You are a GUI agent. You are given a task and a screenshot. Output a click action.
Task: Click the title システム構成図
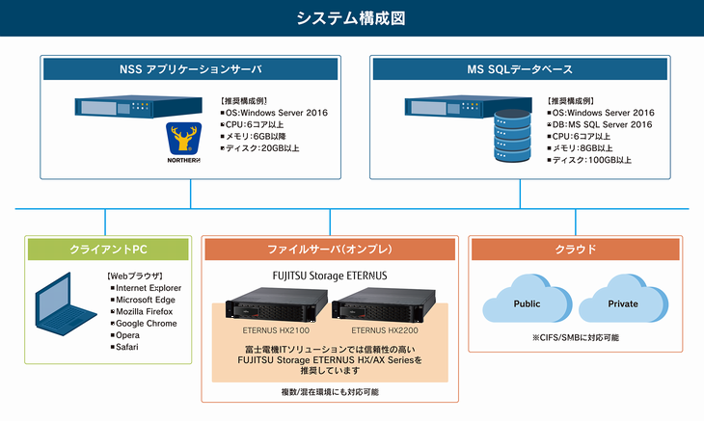351,17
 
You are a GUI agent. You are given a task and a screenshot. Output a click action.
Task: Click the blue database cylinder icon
510,139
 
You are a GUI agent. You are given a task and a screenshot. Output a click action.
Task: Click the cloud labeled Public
527,302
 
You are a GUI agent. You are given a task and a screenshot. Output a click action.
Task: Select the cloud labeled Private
621,302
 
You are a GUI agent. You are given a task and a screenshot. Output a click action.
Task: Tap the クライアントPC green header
108,249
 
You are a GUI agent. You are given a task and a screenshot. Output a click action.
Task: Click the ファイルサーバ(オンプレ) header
329,249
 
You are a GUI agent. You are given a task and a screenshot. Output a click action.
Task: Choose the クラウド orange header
576,249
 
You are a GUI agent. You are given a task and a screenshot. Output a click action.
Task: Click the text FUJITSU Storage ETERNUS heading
329,277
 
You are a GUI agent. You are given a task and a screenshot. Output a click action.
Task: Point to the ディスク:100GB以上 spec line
590,159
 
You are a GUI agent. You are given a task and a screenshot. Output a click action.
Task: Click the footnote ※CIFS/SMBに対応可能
575,337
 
